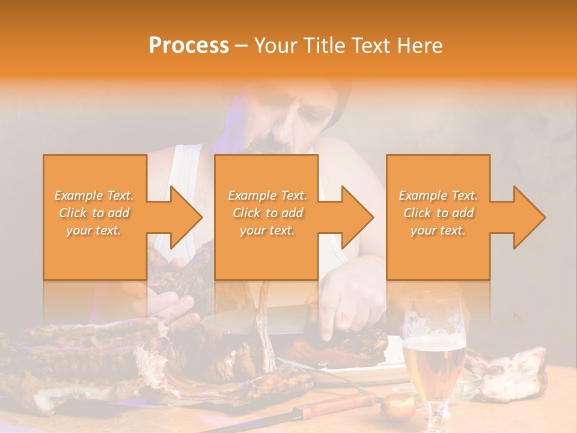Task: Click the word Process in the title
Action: coord(189,46)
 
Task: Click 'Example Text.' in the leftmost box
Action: coord(94,195)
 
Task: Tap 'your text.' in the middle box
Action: coord(267,230)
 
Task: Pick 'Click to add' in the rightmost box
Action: coord(438,213)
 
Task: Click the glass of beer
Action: coord(433,355)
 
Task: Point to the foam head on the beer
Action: coord(433,342)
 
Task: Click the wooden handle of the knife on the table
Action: coord(337,405)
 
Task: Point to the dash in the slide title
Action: coord(242,46)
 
